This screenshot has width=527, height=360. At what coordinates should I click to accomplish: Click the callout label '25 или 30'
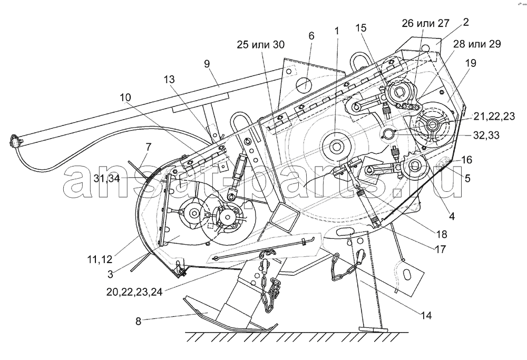point(260,44)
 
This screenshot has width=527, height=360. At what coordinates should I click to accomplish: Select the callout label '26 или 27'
point(425,23)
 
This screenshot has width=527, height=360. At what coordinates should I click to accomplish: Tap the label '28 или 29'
point(477,44)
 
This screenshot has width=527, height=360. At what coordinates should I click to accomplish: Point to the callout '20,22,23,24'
point(134,292)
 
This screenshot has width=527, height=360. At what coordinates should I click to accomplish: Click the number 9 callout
point(207,64)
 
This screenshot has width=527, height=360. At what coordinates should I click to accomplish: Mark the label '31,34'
point(106,178)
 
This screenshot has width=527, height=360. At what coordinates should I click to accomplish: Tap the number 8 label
point(138,322)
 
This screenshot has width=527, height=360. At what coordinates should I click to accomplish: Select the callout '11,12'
point(100,259)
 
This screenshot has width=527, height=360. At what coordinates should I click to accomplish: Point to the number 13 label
point(170,80)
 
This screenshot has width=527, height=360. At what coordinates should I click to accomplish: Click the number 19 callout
point(471,63)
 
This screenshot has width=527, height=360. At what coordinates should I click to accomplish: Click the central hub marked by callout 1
point(336,147)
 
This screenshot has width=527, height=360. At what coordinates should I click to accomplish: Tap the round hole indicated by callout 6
point(305,83)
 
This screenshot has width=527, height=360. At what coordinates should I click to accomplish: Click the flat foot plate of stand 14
point(373,329)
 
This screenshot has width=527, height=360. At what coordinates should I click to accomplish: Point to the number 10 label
point(125,98)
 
